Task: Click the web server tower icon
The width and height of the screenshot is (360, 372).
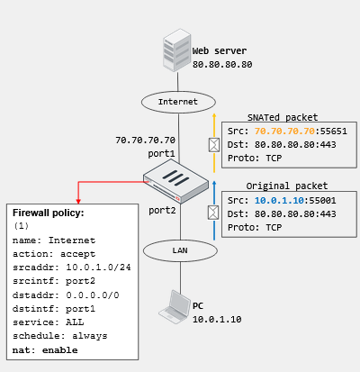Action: tap(177, 50)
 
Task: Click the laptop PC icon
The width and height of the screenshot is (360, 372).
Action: tap(175, 307)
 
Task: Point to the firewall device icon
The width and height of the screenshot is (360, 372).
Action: tap(176, 181)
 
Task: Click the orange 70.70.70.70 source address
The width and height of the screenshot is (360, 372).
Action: tap(284, 132)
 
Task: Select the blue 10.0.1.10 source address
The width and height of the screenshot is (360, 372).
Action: tap(279, 201)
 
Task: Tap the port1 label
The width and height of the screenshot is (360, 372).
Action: tap(161, 154)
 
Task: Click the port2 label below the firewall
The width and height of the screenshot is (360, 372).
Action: tap(162, 211)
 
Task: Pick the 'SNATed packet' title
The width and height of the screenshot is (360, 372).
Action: tap(283, 117)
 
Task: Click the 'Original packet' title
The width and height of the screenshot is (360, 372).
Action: tap(287, 186)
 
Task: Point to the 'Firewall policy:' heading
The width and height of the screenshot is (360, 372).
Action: tap(49, 213)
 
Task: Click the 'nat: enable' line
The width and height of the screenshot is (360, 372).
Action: tap(45, 350)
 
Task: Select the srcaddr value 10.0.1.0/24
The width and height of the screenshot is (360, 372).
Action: tap(98, 268)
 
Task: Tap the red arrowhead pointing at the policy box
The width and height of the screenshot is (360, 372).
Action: tap(78, 201)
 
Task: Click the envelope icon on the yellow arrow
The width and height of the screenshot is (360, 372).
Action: tap(214, 145)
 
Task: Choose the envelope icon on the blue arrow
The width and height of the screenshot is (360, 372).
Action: tap(213, 213)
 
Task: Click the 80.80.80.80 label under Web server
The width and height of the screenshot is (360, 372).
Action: tap(222, 65)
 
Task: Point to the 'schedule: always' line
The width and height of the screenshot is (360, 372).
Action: tap(60, 336)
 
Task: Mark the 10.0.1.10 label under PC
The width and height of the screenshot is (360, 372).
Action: tap(217, 320)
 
